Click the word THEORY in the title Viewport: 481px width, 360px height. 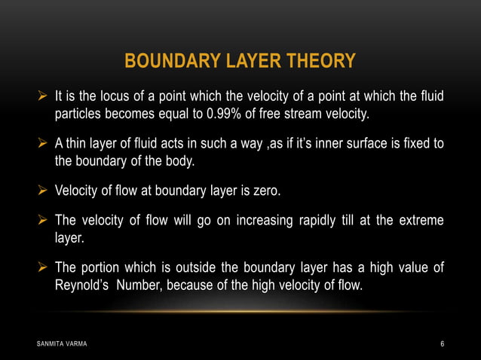point(320,60)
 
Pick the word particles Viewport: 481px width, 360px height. point(78,114)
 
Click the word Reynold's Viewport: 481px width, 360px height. point(82,286)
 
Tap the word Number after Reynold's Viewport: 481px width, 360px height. point(139,286)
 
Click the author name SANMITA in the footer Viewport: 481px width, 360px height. point(50,344)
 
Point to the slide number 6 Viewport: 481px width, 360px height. point(442,344)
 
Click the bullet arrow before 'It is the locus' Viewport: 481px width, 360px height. point(44,97)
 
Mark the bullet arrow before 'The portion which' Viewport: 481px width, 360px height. point(44,269)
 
